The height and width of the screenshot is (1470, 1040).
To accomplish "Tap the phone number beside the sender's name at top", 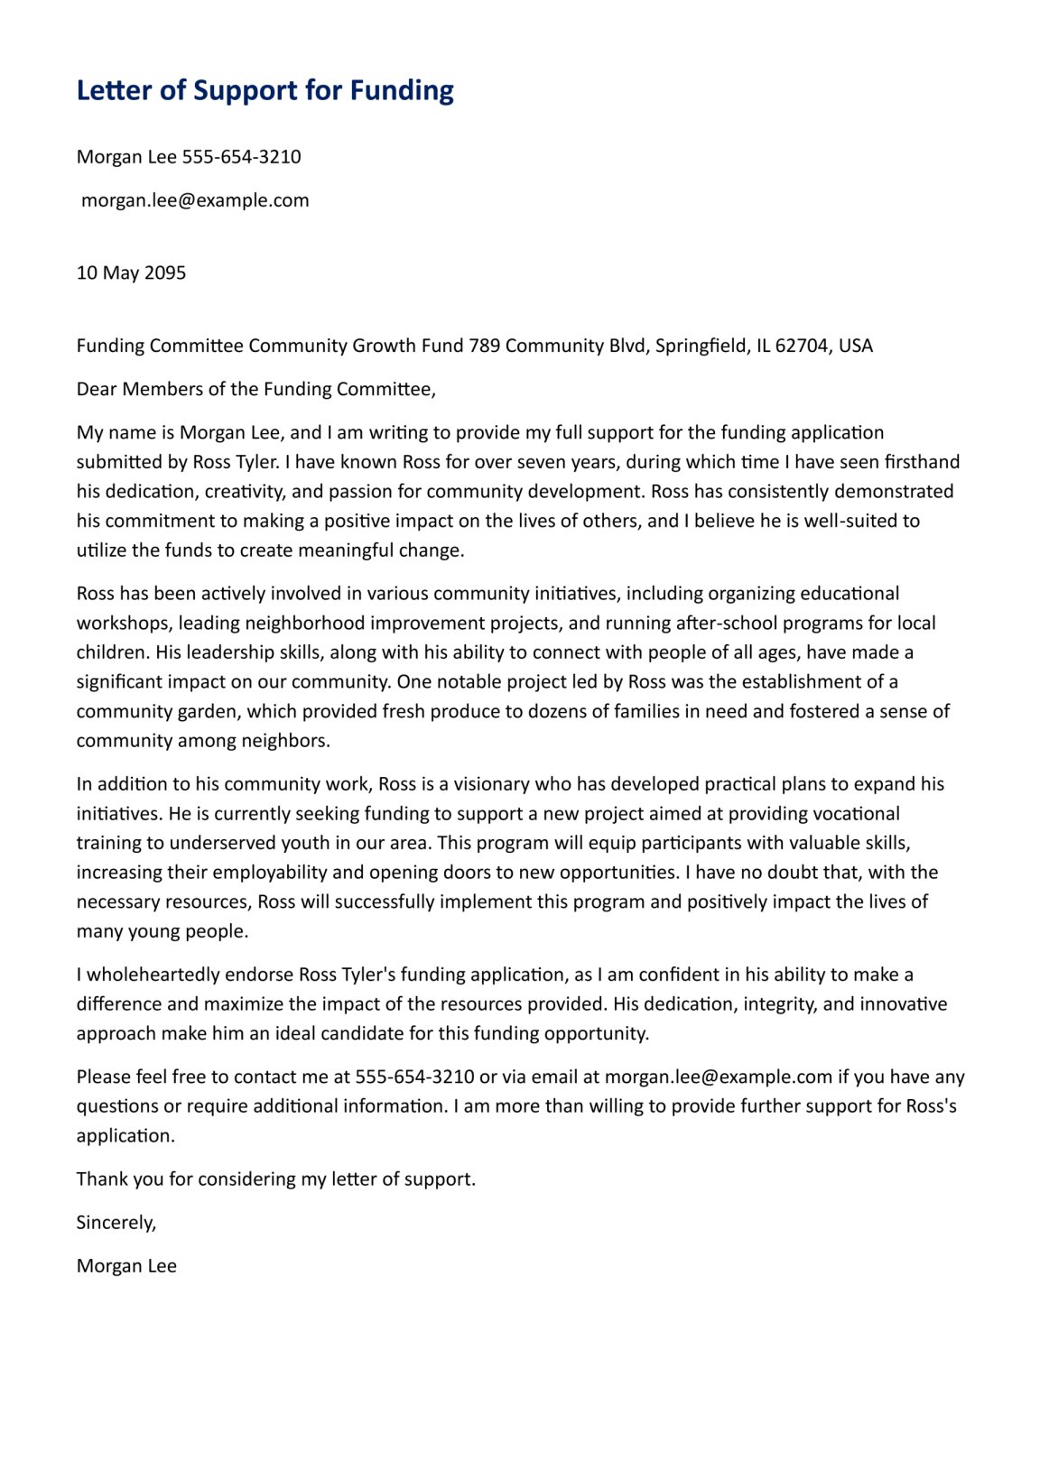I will point(241,157).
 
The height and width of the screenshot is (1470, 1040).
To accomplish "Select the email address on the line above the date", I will point(195,200).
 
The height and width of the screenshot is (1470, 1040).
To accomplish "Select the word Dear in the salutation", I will point(97,389).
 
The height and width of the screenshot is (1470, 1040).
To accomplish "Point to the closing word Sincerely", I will point(116,1223).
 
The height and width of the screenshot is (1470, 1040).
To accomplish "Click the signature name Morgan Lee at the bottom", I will point(126,1266).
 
